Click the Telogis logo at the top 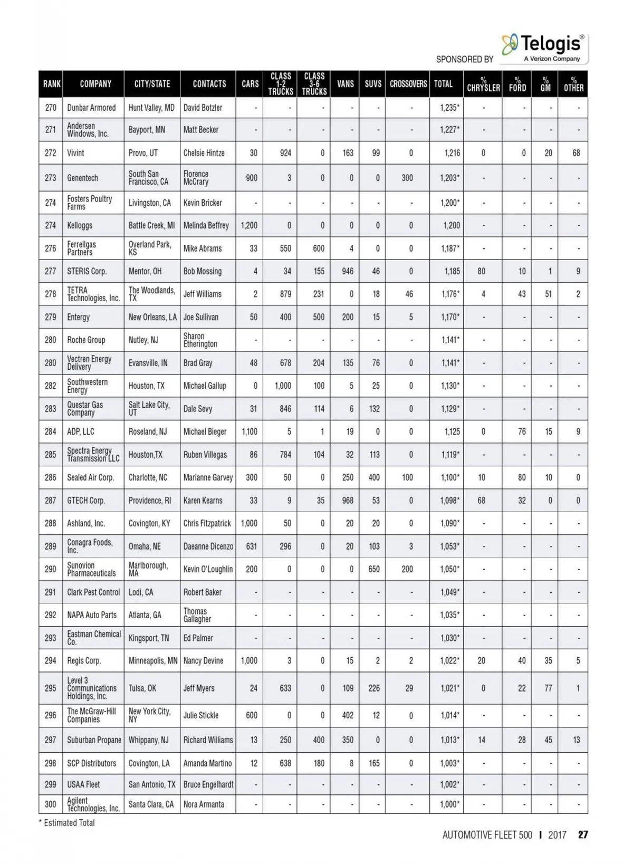click(543, 47)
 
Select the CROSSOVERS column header click(408, 84)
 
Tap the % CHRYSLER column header click(483, 84)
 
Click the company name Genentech click(83, 178)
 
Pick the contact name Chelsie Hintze click(204, 153)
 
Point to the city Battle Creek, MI click(151, 225)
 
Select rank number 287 click(51, 501)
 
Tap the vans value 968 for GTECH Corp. click(348, 501)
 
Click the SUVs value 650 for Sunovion click(374, 569)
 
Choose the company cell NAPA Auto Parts click(92, 615)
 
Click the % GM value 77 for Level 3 click(549, 688)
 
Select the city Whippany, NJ click(149, 740)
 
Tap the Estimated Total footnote click(67, 823)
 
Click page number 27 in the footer click(583, 835)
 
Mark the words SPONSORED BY click(464, 59)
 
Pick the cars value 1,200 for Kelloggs click(249, 225)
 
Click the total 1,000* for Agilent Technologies click(449, 804)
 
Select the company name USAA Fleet click(83, 784)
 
